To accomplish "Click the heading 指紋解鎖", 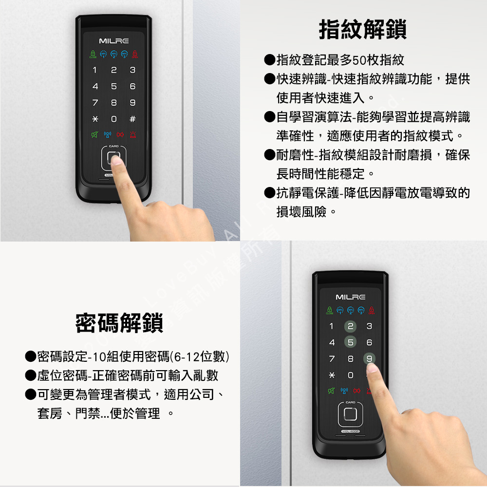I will click(x=362, y=30).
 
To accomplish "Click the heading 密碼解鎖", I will click(x=119, y=323).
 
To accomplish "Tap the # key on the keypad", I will click(x=132, y=119).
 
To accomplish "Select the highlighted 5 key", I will click(x=350, y=342).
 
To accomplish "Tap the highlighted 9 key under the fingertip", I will click(x=369, y=359).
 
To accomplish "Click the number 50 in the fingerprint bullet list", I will click(x=359, y=60).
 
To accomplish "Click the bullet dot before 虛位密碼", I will click(x=31, y=375).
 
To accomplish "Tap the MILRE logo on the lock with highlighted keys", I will click(x=350, y=297).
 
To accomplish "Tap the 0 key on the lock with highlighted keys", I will click(x=350, y=376).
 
